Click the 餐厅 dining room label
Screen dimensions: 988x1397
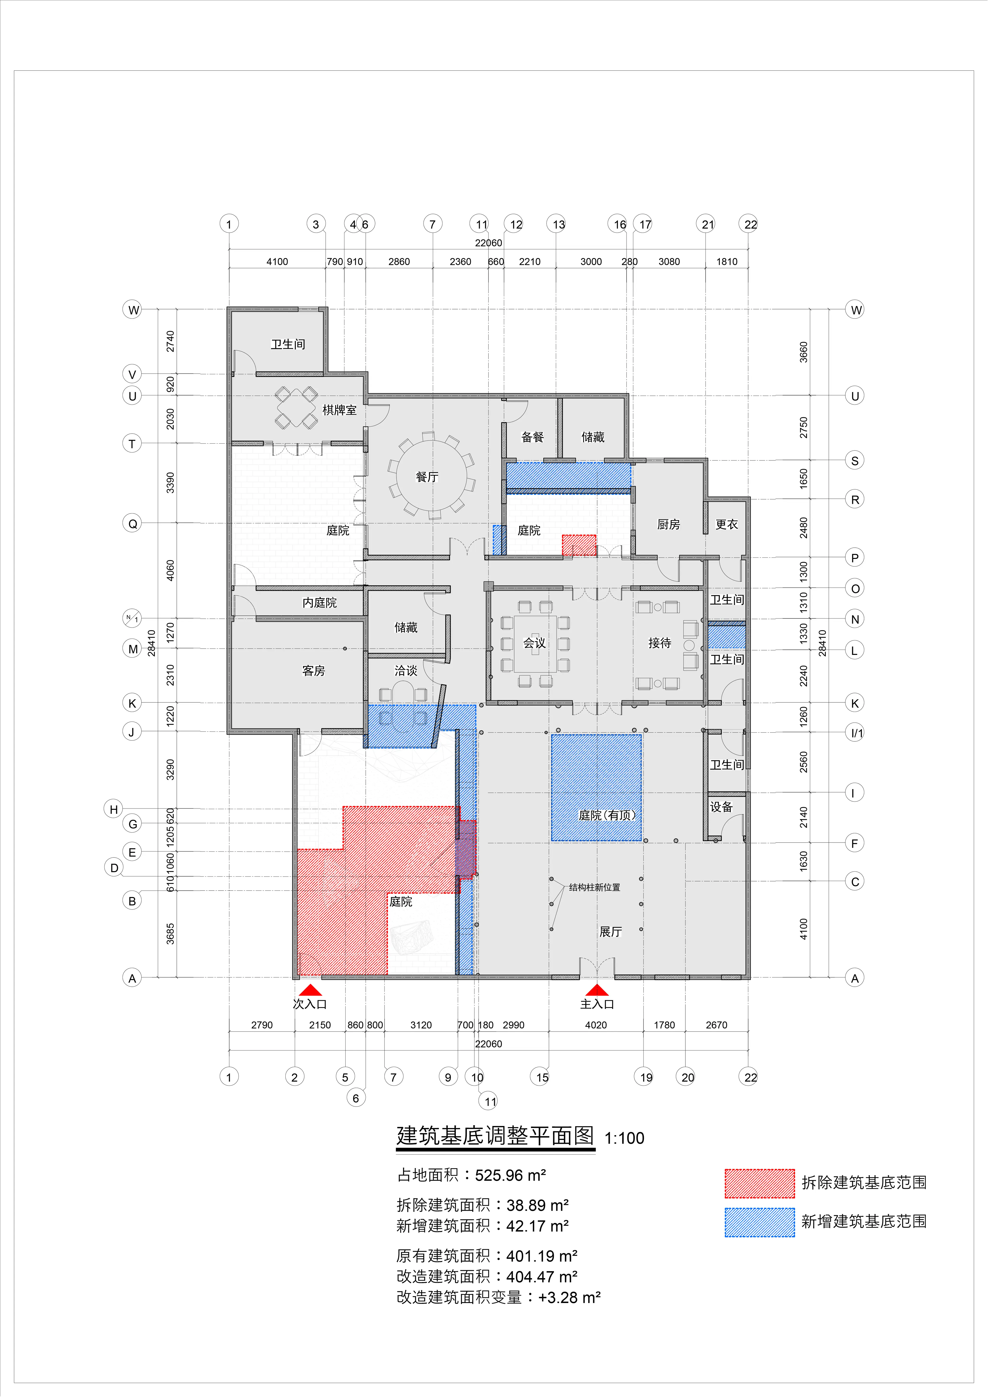[427, 477]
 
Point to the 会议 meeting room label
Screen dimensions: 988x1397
[535, 643]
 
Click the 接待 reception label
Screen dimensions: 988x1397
[659, 643]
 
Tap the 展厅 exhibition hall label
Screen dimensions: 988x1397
[610, 932]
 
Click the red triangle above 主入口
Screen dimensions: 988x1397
[597, 990]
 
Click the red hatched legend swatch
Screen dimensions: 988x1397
[759, 1183]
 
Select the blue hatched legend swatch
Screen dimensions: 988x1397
[759, 1222]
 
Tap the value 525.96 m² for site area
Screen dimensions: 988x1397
[510, 1175]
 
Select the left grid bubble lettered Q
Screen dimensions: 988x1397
[132, 523]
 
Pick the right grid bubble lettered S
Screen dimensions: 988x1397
[855, 461]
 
